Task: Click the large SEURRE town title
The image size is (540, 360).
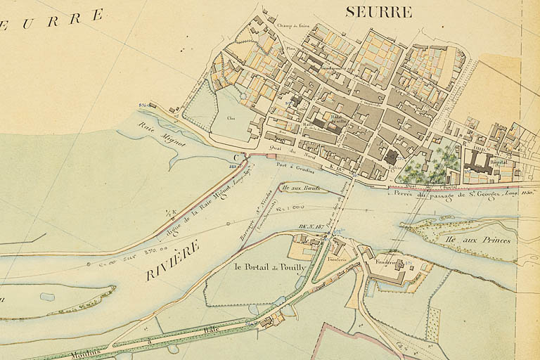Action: [378, 11]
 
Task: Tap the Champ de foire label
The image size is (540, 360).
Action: [293, 26]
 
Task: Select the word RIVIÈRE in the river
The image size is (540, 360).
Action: [172, 260]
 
